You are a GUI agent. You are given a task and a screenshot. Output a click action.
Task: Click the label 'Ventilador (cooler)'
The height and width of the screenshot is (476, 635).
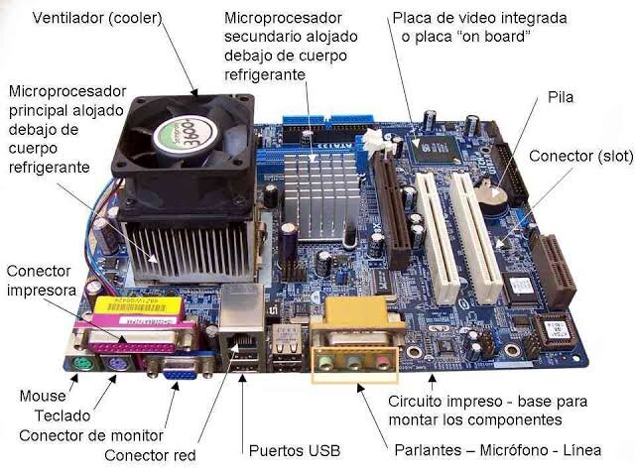tap(97, 18)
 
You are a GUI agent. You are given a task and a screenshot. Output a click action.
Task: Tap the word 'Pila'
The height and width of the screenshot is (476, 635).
tap(561, 97)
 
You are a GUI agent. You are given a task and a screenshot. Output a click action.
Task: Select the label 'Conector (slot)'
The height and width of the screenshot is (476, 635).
tap(580, 157)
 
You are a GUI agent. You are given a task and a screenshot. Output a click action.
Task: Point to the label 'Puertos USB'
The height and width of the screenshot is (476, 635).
tap(295, 450)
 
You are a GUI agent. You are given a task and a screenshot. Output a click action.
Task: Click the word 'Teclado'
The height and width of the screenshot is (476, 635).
tap(63, 416)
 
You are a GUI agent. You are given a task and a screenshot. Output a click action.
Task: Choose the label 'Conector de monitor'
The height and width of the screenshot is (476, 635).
tap(91, 435)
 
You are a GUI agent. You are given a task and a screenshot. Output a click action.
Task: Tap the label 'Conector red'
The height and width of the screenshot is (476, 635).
tap(150, 455)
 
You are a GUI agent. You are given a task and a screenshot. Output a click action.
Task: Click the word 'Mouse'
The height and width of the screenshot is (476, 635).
tap(43, 396)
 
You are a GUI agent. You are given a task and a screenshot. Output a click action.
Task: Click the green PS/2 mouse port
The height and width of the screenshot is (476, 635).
tap(83, 364)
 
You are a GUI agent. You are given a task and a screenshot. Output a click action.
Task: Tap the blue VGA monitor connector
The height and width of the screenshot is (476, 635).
tap(181, 369)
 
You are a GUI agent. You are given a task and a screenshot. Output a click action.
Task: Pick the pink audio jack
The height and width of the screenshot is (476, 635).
tap(382, 362)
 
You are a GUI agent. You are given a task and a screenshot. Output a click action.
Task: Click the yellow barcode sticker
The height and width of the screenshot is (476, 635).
tap(138, 306)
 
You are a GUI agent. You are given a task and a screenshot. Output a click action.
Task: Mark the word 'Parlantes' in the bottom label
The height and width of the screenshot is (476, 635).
tap(428, 450)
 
